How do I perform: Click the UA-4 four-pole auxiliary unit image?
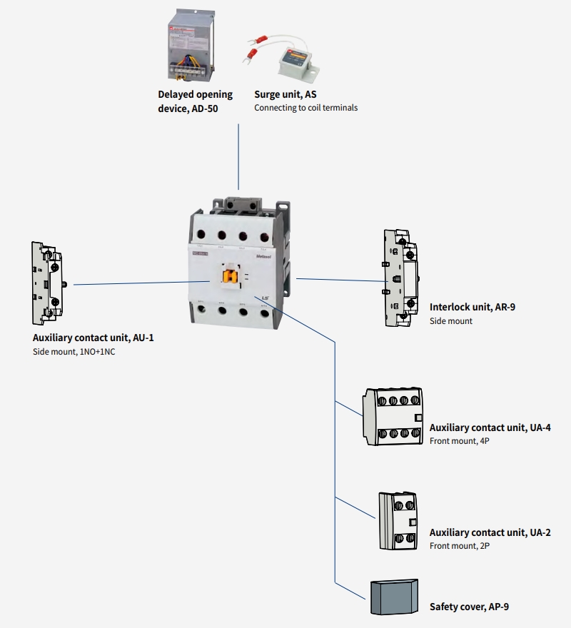[x=393, y=417]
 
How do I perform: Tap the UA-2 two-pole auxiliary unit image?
[x=398, y=520]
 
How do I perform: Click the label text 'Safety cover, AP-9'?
[x=469, y=607]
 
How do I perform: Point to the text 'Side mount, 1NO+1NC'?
[x=74, y=352]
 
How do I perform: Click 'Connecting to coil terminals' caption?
[x=305, y=108]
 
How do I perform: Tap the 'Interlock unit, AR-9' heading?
[x=472, y=308]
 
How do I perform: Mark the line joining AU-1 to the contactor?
[x=128, y=283]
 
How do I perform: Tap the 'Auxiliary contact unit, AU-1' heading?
[x=93, y=338]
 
